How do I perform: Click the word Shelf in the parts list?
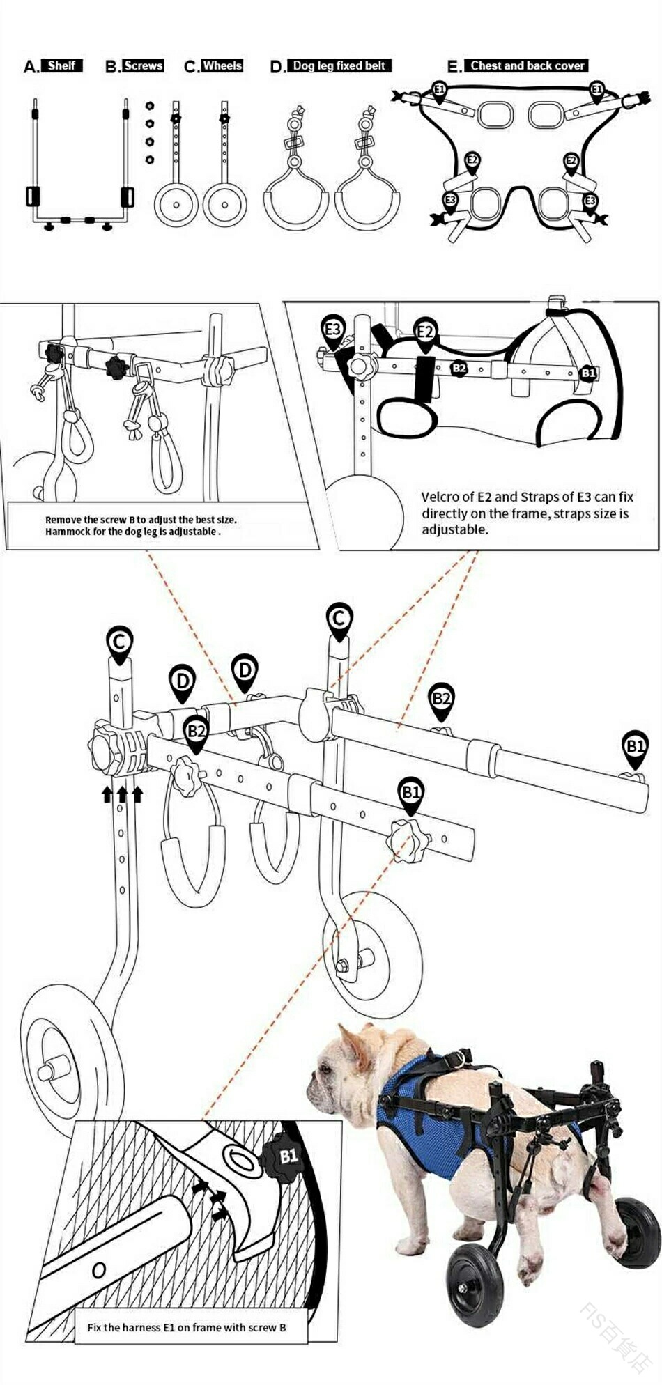pos(61,65)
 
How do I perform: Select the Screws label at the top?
pos(143,65)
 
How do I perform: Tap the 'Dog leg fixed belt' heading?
pos(339,65)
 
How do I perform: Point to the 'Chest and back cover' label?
pos(527,65)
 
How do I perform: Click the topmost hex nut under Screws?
pos(149,107)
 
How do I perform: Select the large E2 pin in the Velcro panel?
pos(425,331)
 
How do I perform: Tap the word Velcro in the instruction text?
pos(440,497)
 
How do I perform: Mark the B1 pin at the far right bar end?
pos(635,746)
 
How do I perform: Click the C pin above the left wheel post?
pos(119,642)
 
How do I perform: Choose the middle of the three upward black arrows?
pos(122,794)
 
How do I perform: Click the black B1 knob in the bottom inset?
pos(286,1157)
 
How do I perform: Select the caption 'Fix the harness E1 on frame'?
pos(186,1327)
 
